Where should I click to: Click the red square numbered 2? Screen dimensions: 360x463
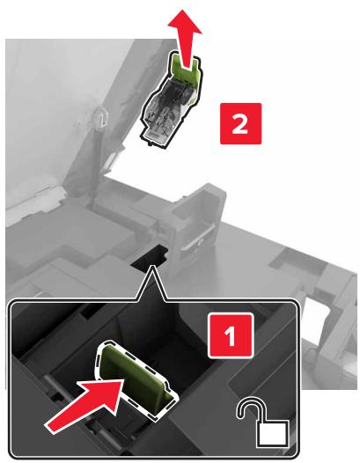click(240, 123)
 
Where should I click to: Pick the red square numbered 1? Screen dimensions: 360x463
click(231, 335)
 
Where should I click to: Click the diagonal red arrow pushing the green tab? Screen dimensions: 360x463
click(85, 405)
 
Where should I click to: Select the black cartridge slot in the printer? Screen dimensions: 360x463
click(150, 255)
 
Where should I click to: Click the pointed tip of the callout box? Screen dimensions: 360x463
click(152, 266)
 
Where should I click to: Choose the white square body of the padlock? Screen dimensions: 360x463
click(273, 432)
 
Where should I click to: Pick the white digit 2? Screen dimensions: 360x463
click(239, 124)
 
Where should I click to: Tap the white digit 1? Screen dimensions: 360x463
click(230, 335)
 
